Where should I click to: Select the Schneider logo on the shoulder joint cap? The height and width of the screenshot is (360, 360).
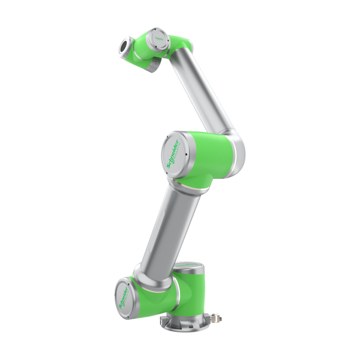click(x=124, y=293)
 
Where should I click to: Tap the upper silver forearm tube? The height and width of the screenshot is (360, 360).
click(x=207, y=90)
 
